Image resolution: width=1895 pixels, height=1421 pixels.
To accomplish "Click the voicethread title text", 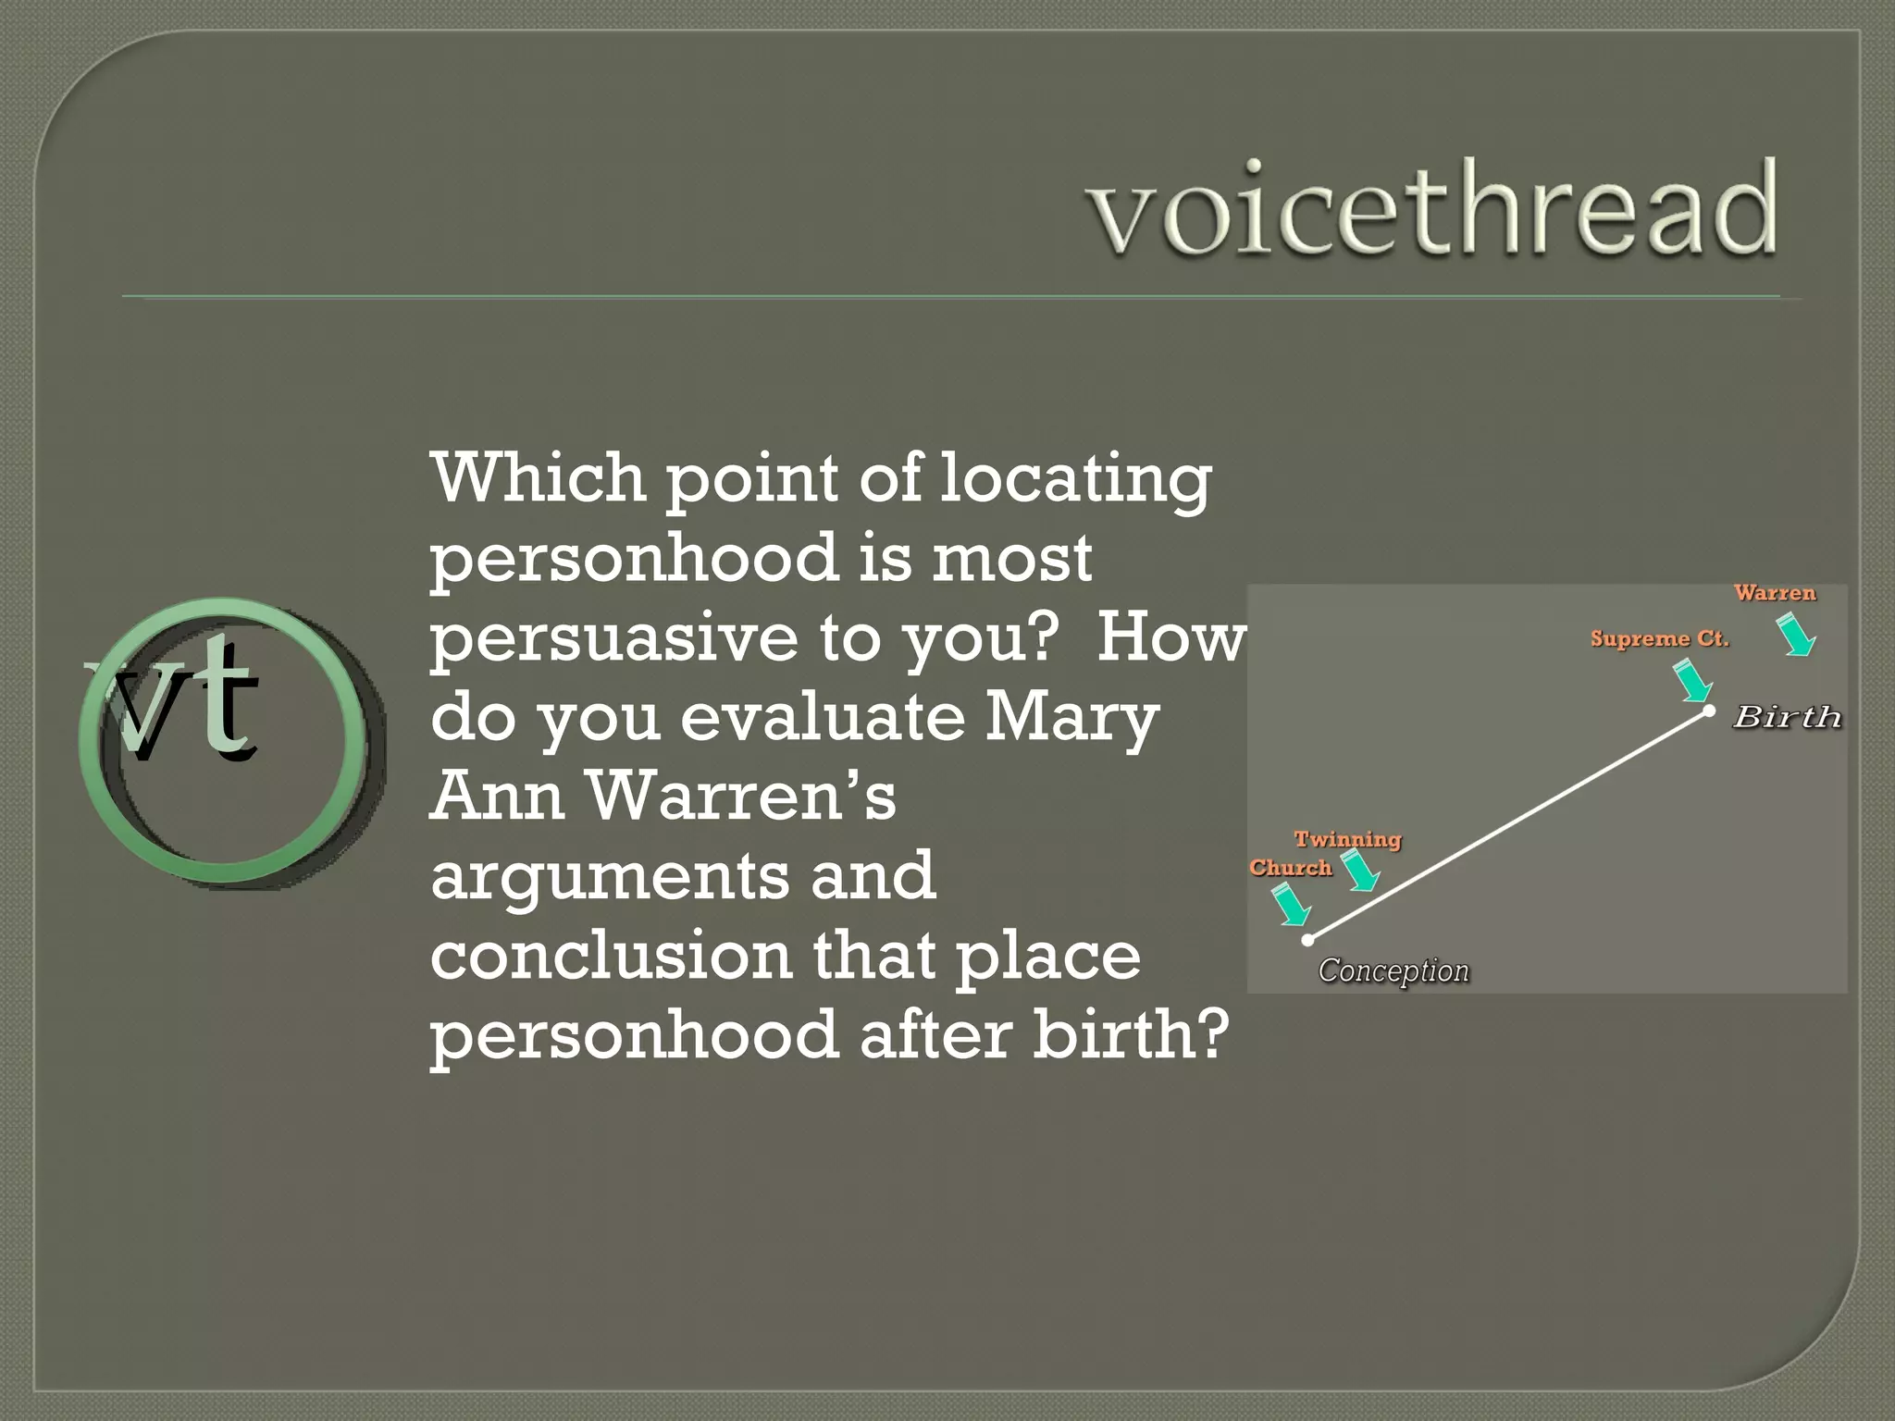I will (1432, 208).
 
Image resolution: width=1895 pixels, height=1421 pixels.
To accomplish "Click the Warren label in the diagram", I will (1775, 593).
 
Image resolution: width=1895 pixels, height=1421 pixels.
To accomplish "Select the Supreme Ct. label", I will (1660, 639).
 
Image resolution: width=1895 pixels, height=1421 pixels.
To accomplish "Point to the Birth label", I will (1787, 717).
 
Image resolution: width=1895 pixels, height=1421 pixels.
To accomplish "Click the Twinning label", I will (1347, 840).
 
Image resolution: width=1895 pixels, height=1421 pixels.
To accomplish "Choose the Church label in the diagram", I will (1291, 868).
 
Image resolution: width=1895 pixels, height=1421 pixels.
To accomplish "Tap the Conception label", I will (1393, 970).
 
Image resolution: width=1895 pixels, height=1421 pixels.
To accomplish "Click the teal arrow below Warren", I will (1797, 636).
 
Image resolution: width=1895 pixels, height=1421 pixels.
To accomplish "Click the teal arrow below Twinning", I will (1360, 871).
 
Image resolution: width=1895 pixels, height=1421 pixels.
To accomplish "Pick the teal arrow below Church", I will (1291, 905).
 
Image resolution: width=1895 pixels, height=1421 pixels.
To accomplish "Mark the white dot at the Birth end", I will (1710, 710).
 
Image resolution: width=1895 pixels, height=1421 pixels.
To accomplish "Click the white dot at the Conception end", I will (1307, 940).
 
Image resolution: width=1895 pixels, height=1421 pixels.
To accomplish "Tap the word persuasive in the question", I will (613, 638).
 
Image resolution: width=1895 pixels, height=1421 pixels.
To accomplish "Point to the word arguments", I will (610, 876).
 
